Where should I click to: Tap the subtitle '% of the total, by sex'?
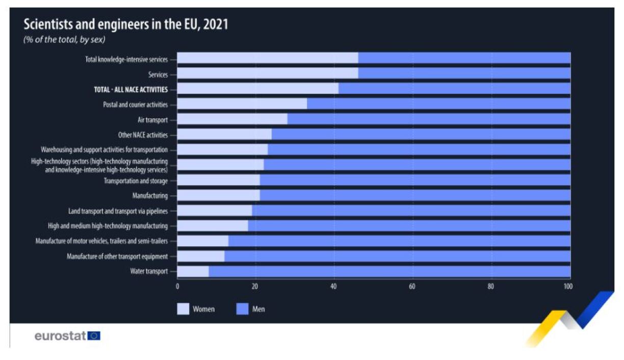coord(64,40)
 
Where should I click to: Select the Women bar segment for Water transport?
coord(193,271)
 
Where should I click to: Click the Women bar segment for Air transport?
coord(232,119)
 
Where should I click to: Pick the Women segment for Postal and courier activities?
coord(242,104)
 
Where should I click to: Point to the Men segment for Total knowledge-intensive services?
coord(464,58)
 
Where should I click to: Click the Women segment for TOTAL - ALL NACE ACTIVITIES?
coord(257,89)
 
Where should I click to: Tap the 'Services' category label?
coord(158,74)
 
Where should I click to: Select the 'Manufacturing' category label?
coord(150,195)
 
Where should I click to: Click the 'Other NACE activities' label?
coord(143,135)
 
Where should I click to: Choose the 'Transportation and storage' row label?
coord(136,181)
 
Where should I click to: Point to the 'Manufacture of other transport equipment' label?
coord(117,256)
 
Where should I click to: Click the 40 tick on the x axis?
coord(334,287)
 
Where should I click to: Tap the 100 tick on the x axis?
coord(567,287)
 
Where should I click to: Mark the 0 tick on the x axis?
coord(177,287)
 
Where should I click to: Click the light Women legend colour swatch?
coord(183,309)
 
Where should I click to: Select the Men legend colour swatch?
coord(242,309)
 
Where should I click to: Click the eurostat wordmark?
coord(60,336)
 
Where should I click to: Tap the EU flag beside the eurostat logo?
coord(94,336)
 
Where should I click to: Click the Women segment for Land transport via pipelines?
coord(214,211)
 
